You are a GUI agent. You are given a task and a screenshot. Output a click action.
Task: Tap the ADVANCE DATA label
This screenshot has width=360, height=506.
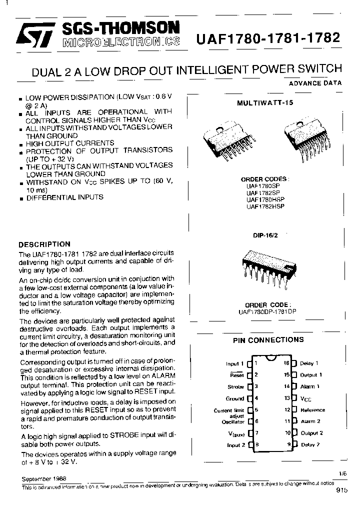pyautogui.click(x=315, y=83)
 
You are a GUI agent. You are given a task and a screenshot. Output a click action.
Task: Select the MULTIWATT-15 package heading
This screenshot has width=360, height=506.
pyautogui.click(x=265, y=102)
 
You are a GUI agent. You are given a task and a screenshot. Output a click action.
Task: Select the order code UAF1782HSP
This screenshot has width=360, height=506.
pyautogui.click(x=265, y=205)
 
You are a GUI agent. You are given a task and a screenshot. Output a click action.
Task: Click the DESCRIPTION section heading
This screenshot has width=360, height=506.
pyautogui.click(x=44, y=244)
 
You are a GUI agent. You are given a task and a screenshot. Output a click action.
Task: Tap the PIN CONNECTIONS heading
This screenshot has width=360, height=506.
pyautogui.click(x=268, y=340)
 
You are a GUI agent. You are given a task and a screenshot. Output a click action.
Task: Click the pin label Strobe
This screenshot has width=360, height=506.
pyautogui.click(x=235, y=386)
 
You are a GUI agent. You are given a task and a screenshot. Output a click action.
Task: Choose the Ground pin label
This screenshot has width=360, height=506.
pyautogui.click(x=234, y=398)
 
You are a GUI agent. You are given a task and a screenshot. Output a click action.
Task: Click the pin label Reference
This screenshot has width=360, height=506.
pyautogui.click(x=312, y=410)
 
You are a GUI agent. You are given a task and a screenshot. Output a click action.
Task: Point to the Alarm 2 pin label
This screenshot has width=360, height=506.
pyautogui.click(x=310, y=421)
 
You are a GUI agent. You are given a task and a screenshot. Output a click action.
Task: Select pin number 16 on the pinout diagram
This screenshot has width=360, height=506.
pyautogui.click(x=287, y=363)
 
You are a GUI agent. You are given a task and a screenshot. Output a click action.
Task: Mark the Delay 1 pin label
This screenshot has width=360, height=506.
pyautogui.click(x=309, y=363)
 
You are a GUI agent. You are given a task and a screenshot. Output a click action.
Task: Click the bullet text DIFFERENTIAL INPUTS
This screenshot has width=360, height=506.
pyautogui.click(x=64, y=197)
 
